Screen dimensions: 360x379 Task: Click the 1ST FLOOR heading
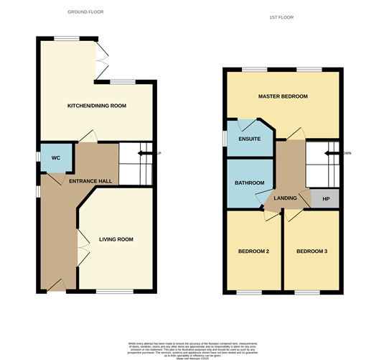point(281,17)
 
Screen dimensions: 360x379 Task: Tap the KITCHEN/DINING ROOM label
point(97,106)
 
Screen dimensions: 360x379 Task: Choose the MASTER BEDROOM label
point(283,96)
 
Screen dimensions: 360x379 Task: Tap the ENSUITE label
point(249,139)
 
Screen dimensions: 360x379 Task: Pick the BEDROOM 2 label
point(253,251)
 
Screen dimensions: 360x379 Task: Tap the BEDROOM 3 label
point(312,251)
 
